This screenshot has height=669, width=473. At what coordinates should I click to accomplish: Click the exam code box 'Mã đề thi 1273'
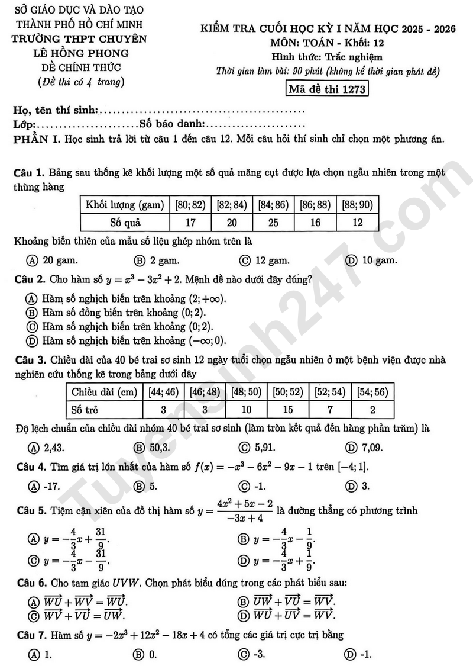pos(326,89)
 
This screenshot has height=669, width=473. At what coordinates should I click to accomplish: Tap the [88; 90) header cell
pos(358,205)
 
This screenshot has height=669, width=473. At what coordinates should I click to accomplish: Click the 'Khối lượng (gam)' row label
pos(125,205)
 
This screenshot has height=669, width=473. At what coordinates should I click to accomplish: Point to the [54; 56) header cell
pos(372,392)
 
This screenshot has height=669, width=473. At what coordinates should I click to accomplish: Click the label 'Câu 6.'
pos(31,583)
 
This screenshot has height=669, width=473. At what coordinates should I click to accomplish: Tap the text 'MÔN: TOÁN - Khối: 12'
pos(328,44)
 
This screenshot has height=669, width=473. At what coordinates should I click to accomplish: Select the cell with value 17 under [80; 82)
pos(190,223)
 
